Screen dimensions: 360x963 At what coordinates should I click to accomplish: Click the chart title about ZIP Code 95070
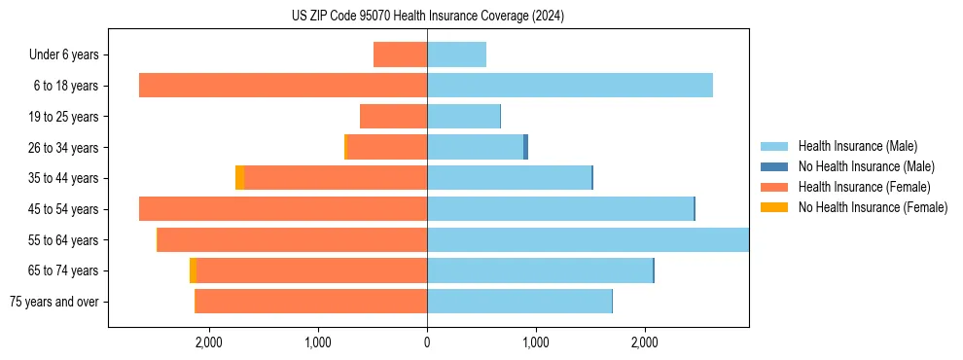428,17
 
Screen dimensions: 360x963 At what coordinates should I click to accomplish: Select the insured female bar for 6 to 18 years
283,86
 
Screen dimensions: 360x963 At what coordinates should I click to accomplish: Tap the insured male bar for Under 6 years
456,54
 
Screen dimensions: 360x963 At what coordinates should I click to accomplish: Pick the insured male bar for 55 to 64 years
588,240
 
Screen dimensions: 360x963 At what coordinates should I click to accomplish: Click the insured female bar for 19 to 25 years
393,117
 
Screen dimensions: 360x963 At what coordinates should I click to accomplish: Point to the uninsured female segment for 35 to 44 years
239,178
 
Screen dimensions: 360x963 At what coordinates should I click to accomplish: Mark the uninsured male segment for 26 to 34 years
526,147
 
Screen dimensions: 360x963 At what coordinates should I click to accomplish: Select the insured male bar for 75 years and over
519,302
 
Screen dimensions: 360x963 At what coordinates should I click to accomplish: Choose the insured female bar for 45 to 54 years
283,209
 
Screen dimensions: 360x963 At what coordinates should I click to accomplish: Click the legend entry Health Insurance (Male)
856,146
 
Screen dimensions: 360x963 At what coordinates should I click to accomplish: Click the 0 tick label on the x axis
427,342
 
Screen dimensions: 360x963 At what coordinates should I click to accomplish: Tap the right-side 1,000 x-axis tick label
536,342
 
